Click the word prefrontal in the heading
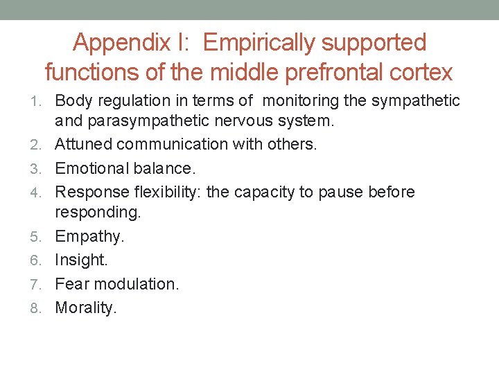tap(314, 71)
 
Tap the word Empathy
tap(89, 236)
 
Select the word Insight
tap(81, 260)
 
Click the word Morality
tap(86, 308)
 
